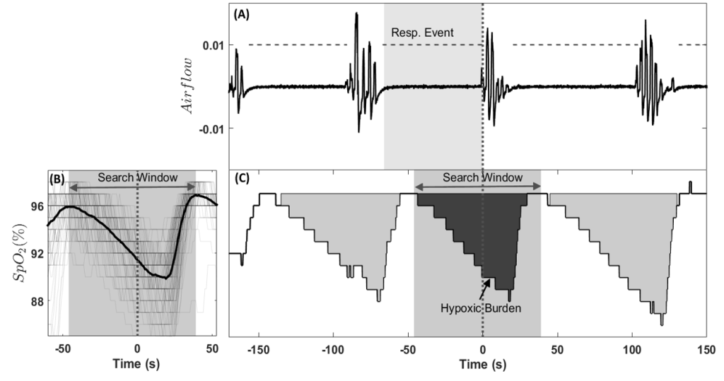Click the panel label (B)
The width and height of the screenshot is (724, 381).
(x=57, y=180)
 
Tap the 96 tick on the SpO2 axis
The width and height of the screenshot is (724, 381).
(x=35, y=206)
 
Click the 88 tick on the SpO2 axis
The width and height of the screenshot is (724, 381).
(x=35, y=301)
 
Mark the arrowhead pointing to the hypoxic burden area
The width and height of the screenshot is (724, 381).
(x=486, y=280)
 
